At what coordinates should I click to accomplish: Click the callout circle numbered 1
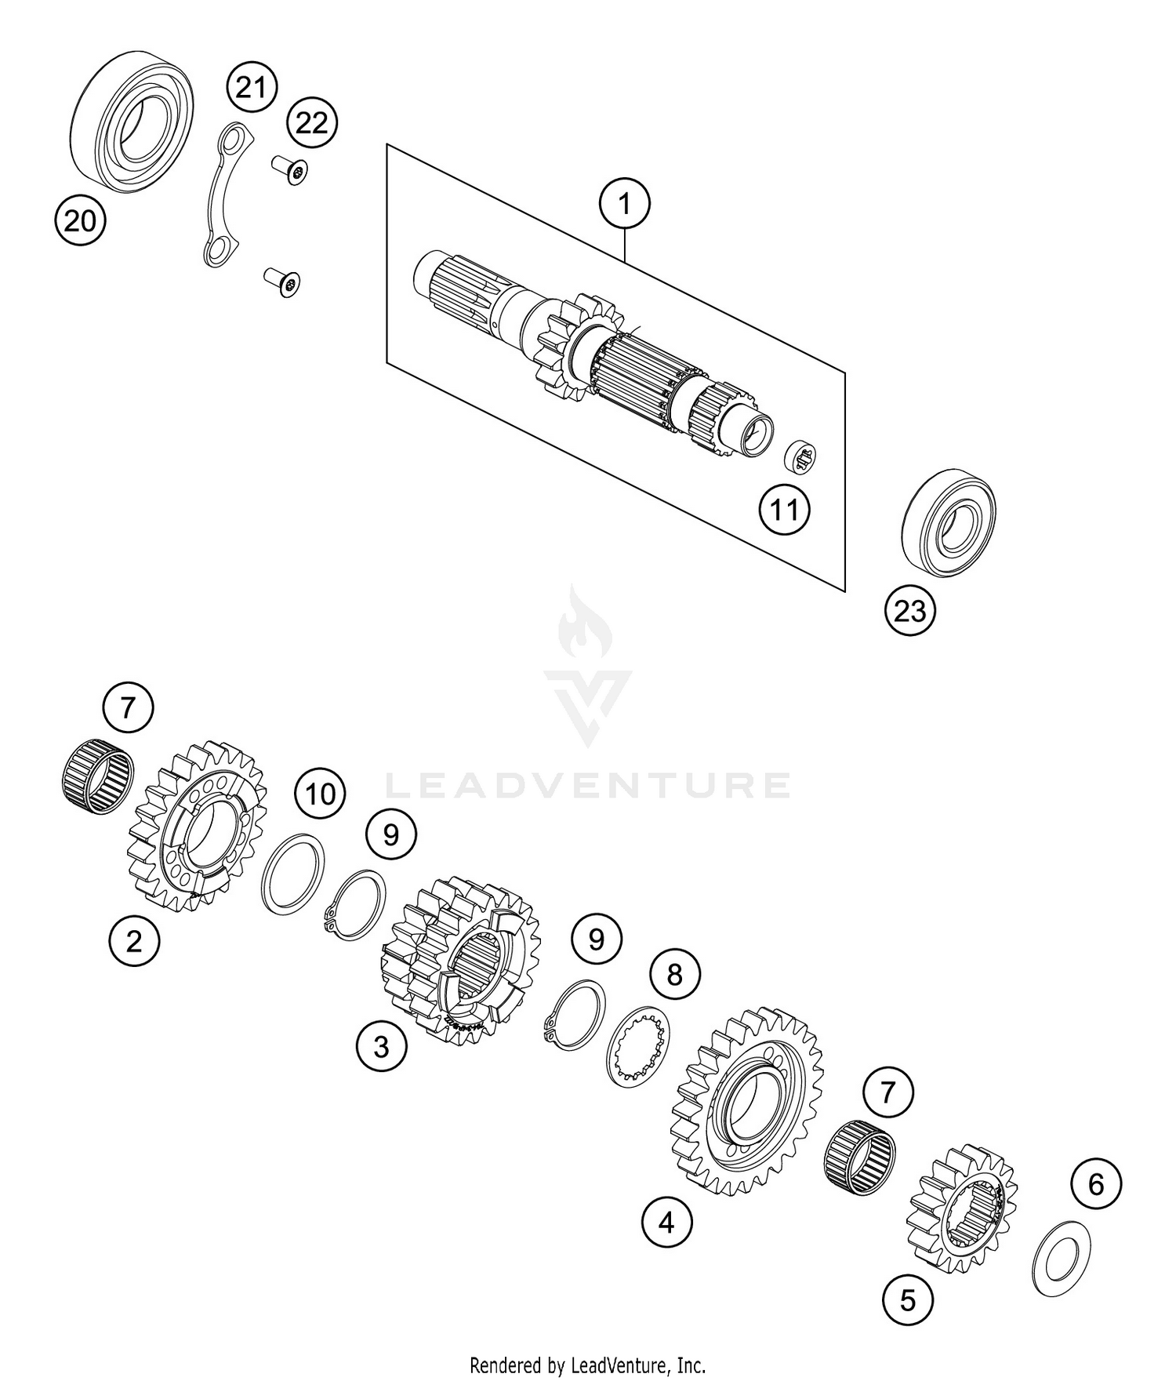[624, 205]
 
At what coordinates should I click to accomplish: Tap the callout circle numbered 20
[80, 221]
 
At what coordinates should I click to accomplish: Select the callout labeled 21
[252, 88]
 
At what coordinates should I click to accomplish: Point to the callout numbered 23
[910, 611]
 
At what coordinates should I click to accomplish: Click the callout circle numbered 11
[784, 511]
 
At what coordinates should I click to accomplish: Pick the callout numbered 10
[320, 794]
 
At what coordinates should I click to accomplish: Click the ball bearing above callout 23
[949, 523]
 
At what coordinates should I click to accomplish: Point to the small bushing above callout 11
[801, 456]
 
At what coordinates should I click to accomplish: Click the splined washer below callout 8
[640, 1045]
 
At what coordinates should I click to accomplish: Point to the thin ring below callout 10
[292, 874]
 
